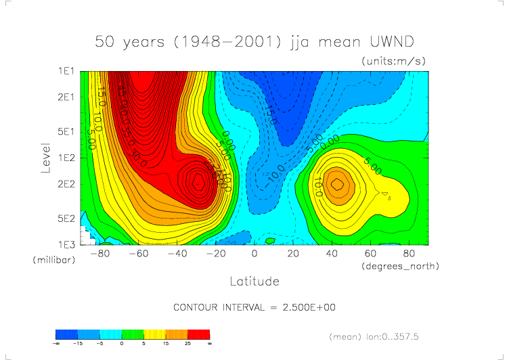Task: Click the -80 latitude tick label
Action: pos(99,254)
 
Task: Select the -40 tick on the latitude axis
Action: pos(177,254)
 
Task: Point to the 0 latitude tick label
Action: pos(255,254)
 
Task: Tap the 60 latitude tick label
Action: pos(370,254)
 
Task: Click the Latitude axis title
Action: pos(254,280)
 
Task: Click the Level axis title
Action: pos(46,157)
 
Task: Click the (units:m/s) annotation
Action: pos(394,61)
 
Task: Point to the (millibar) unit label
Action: pos(51,260)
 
